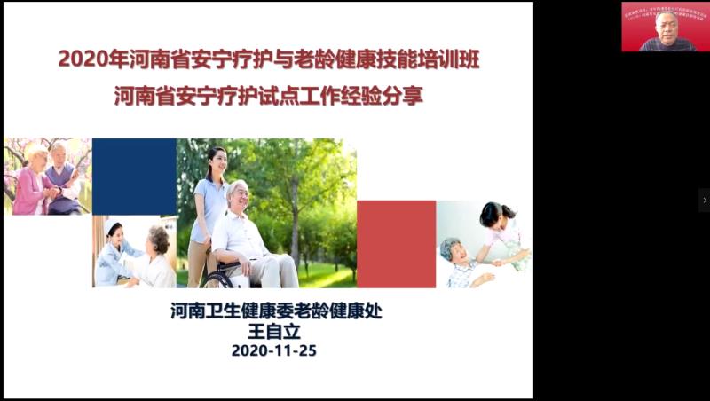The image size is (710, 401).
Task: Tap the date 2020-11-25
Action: [x=273, y=350]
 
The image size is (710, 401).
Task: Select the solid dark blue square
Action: [x=134, y=177]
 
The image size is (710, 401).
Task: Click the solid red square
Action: [x=396, y=244]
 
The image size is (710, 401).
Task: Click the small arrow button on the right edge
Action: [x=704, y=200]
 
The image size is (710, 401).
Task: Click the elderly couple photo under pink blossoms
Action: [x=47, y=177]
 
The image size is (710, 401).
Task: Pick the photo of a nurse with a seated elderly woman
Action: [x=134, y=252]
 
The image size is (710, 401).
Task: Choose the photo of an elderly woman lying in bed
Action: [x=484, y=244]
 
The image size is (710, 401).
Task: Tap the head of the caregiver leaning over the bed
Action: [x=492, y=215]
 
